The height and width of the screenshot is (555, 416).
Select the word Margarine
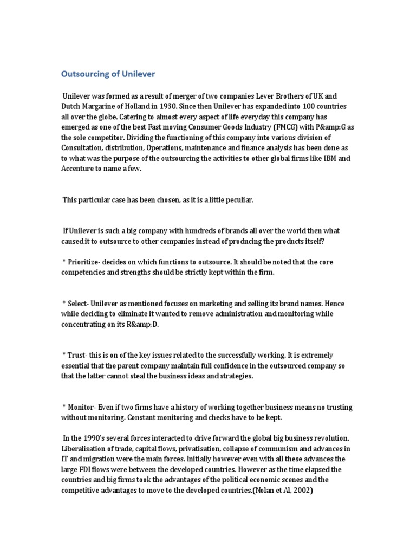point(104,106)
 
